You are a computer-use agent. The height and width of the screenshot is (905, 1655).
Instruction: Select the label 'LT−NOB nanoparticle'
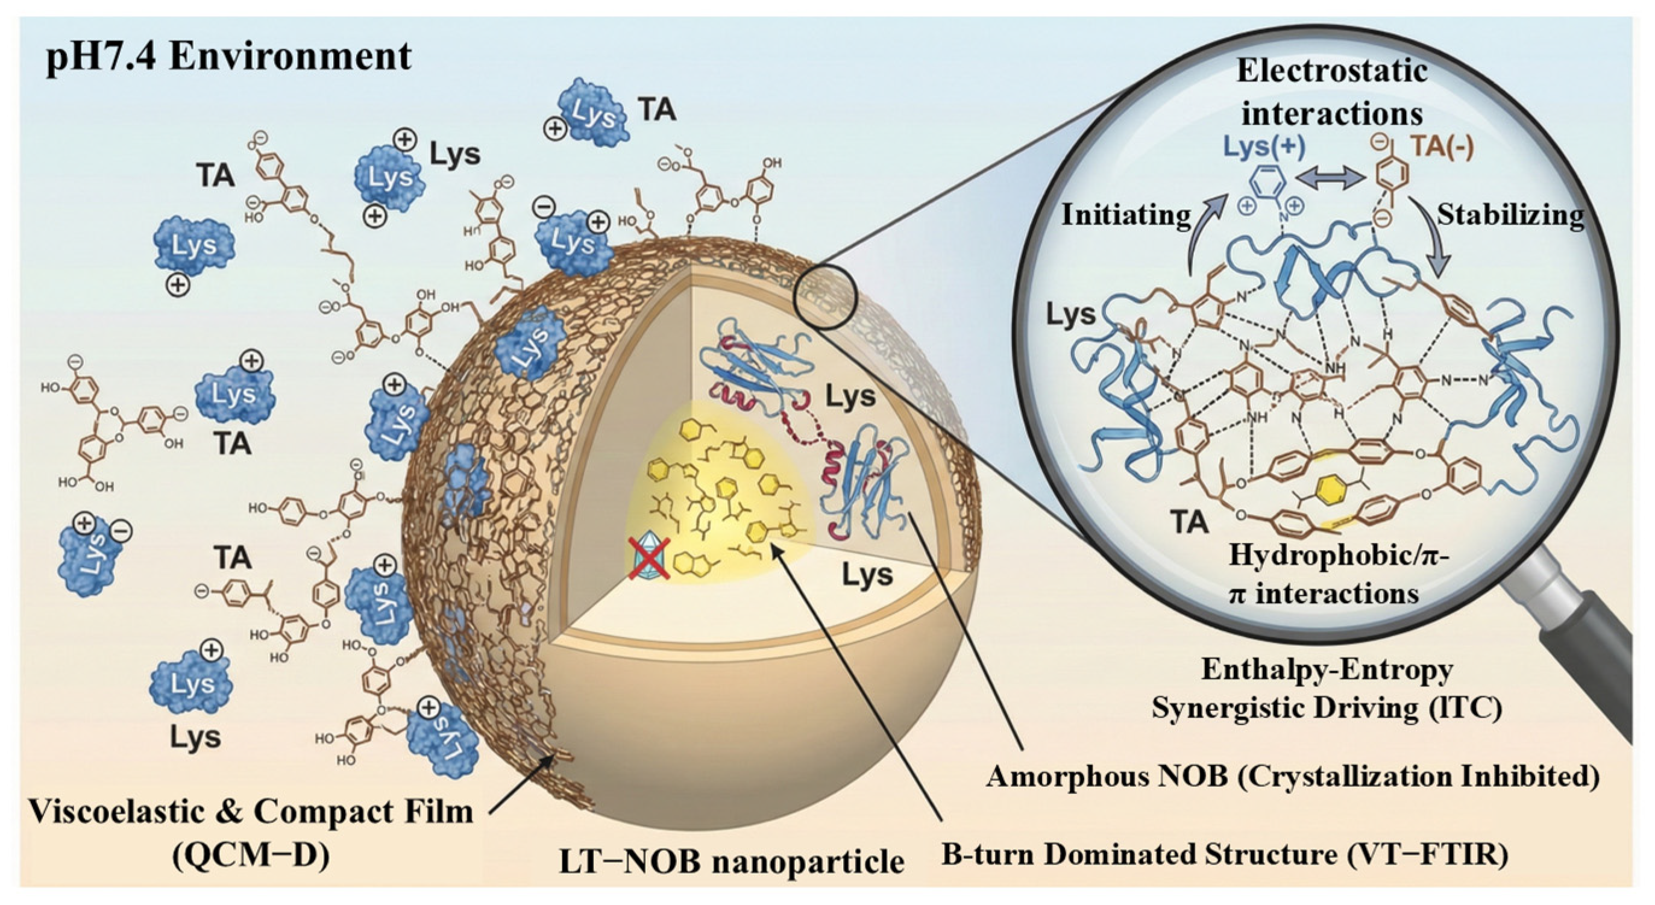[731, 860]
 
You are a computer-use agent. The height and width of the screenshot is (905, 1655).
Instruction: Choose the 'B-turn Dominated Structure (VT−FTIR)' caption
[1224, 854]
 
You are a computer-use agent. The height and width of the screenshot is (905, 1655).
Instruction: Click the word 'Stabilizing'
[1510, 215]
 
